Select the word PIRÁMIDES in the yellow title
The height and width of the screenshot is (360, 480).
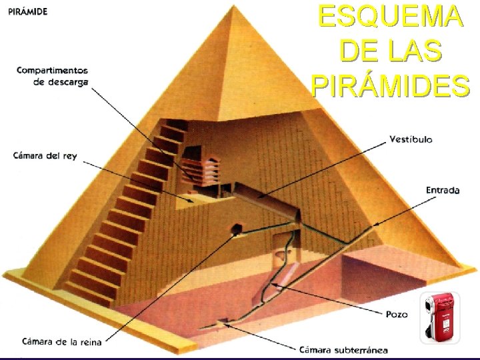point(390,85)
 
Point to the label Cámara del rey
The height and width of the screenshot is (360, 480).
point(45,156)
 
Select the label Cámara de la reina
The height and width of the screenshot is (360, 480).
point(61,342)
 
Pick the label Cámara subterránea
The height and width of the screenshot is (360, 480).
point(343,349)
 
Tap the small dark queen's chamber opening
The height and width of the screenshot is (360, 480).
point(235,230)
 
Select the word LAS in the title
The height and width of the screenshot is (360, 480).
point(416,51)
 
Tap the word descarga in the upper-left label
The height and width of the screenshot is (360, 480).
point(70,82)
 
